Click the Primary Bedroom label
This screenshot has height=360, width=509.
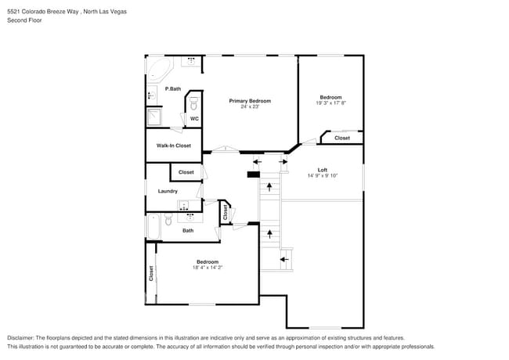tap(250, 101)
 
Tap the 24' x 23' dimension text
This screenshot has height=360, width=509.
tap(250, 106)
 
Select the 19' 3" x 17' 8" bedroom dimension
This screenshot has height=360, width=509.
tap(330, 103)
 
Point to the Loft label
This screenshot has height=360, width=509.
tap(322, 170)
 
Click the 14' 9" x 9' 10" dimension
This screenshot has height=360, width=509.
tap(322, 176)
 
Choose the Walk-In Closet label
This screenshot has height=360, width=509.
tap(173, 146)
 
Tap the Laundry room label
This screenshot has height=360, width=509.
tap(168, 191)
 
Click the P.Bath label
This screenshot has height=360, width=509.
tap(173, 88)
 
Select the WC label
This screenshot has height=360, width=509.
tap(194, 118)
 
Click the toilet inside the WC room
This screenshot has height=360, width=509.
tap(194, 102)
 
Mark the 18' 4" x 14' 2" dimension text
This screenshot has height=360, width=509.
tap(208, 268)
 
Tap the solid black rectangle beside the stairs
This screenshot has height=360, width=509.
tap(253, 174)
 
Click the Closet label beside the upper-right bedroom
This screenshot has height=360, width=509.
tap(342, 138)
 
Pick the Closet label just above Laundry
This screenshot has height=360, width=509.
tap(186, 172)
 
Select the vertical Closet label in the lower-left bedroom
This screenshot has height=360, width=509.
tap(151, 273)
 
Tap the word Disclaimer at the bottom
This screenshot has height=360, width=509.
tap(22, 337)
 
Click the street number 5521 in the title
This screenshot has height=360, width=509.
tap(14, 12)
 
